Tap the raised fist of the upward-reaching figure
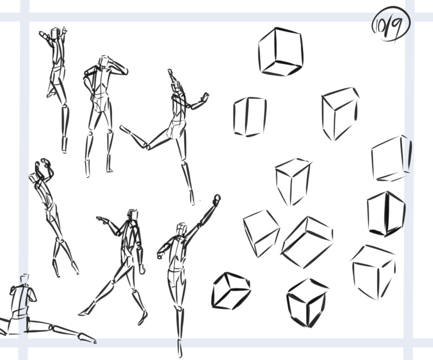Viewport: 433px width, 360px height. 217,198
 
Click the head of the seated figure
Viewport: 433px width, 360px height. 24,279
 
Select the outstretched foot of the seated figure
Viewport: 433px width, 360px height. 87,338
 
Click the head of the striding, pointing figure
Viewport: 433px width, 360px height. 133,214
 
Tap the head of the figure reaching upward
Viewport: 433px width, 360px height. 182,229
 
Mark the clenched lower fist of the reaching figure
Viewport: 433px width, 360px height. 160,255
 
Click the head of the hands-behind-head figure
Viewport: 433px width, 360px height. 104,61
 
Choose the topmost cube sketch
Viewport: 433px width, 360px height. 281,52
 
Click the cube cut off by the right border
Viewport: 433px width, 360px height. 391,158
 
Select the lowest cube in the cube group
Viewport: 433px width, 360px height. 307,303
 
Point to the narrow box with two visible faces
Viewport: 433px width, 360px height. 250,117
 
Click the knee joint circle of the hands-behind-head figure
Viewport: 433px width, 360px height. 91,133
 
